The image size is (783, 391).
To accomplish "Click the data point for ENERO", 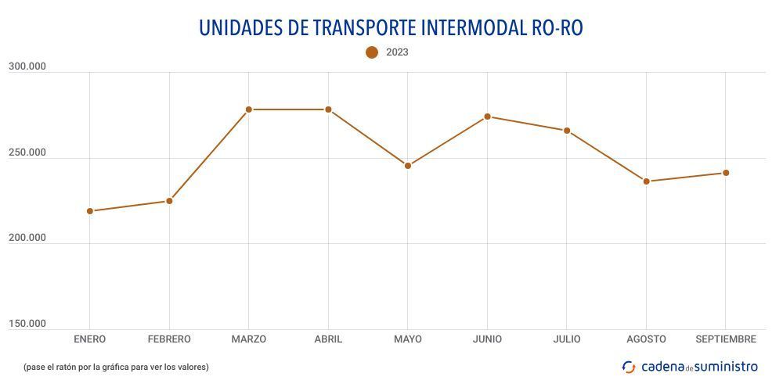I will tap(90, 211).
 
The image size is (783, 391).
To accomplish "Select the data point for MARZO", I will tap(249, 109).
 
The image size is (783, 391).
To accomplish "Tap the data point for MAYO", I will tap(408, 166).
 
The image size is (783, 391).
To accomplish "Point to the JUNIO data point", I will tap(487, 117).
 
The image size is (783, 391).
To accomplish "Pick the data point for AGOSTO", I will tap(647, 181).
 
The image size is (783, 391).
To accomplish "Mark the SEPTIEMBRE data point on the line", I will tap(726, 173).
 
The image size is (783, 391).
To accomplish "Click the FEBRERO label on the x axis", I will tap(169, 339).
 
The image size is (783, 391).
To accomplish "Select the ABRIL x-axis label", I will tap(328, 339).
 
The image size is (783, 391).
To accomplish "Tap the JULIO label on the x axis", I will tap(567, 339).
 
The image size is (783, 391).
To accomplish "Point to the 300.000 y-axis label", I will tap(27, 67).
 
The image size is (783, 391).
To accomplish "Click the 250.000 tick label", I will tap(27, 152).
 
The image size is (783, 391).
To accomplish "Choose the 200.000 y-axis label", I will tap(27, 238).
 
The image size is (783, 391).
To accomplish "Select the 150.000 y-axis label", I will tap(27, 324).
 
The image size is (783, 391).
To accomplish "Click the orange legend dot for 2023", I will tap(372, 52).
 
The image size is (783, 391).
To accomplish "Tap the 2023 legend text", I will tap(397, 52).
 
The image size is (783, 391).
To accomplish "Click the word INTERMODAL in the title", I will tap(474, 27).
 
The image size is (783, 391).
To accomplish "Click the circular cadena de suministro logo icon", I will tap(629, 367).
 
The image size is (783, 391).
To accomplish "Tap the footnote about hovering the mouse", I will tap(116, 367).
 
